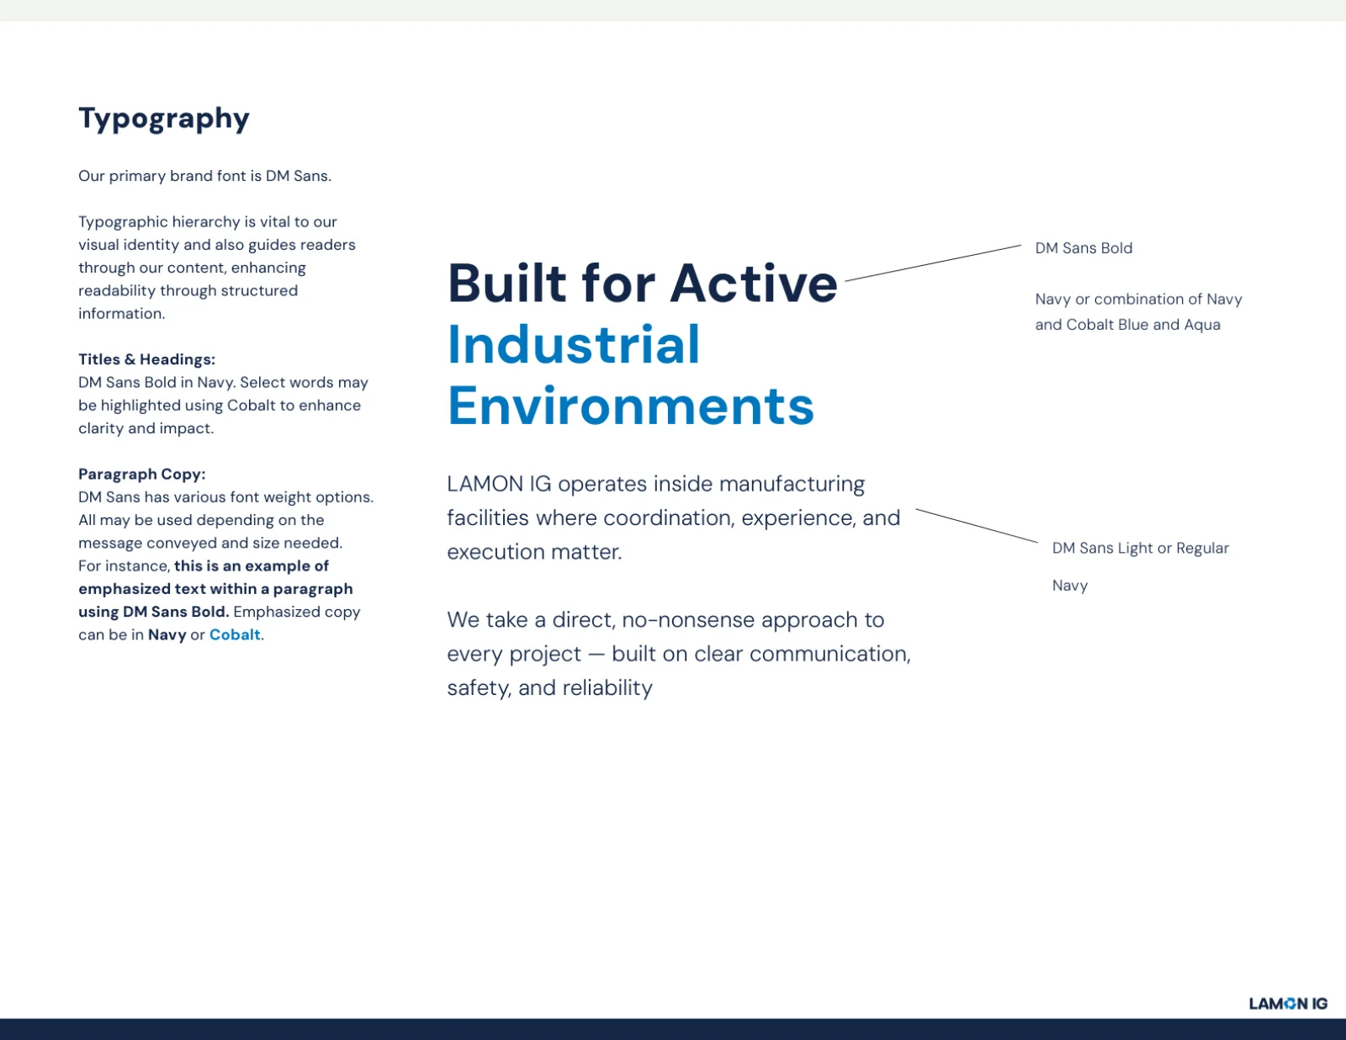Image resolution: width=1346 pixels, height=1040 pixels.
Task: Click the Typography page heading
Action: [164, 119]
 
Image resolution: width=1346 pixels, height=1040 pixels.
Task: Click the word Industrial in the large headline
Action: [574, 344]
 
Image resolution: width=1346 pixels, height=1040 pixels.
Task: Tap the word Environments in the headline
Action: [631, 406]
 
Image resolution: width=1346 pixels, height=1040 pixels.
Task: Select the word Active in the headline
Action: [754, 284]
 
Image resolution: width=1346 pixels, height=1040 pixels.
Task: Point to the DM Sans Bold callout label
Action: [1084, 247]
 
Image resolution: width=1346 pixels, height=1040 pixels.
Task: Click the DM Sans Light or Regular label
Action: [1141, 548]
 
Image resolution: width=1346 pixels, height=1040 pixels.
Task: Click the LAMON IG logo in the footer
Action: [1289, 1004]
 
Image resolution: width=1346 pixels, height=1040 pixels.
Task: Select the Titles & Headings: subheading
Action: [147, 359]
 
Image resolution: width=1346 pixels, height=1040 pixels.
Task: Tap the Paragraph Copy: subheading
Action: [142, 474]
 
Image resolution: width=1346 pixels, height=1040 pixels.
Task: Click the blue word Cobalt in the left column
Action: [235, 635]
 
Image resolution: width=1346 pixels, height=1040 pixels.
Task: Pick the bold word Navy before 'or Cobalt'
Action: [167, 635]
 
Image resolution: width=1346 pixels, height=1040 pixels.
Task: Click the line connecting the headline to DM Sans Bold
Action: [933, 263]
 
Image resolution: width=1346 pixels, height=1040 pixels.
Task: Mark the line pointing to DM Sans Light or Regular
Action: [977, 526]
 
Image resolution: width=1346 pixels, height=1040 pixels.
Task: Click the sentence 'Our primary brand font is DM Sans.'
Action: [204, 176]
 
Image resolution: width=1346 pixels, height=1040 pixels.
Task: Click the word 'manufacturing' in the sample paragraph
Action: [792, 485]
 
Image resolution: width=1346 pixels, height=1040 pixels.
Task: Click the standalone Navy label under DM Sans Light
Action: [1070, 586]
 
